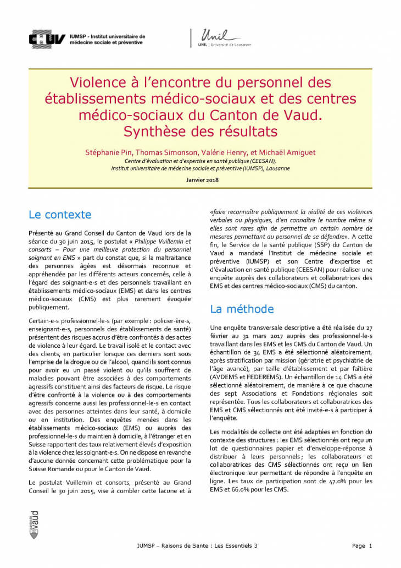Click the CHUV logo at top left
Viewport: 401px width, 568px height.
coord(48,39)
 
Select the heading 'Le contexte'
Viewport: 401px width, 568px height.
coord(60,214)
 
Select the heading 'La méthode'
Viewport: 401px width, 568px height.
coord(242,309)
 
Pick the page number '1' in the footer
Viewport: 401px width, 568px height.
coord(371,546)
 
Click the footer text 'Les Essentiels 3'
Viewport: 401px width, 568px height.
coord(236,546)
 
